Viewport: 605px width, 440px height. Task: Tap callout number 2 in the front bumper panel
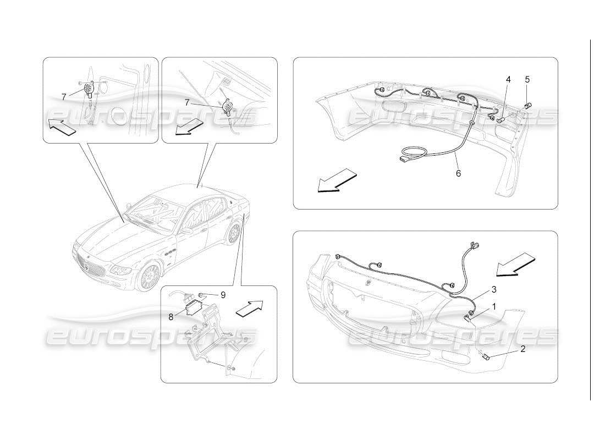click(x=522, y=349)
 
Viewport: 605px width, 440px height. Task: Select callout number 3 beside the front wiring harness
click(x=494, y=289)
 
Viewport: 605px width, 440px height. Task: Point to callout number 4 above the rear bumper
click(x=508, y=80)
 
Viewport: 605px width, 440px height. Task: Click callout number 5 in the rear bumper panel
click(x=527, y=80)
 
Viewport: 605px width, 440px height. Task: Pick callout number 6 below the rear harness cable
click(x=458, y=173)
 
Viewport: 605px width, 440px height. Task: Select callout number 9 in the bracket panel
click(x=223, y=295)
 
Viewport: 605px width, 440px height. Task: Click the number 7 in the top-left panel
click(x=64, y=97)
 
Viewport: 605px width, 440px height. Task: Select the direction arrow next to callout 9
click(x=249, y=309)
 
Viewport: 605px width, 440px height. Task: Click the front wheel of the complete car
click(x=149, y=277)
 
